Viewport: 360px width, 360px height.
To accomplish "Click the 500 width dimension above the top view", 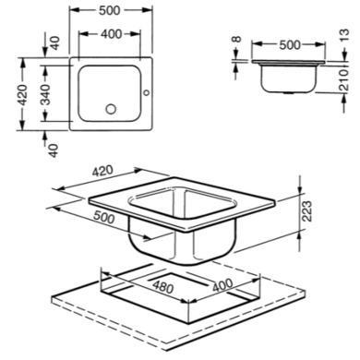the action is [110, 10].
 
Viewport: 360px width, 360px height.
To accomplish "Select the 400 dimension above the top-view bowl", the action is [111, 34].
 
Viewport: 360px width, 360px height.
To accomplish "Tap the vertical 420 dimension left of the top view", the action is [22, 95].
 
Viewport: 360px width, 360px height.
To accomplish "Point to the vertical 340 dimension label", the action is [45, 95].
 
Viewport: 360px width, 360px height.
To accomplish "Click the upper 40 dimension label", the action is [54, 43].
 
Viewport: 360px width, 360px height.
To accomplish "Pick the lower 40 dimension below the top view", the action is [54, 150].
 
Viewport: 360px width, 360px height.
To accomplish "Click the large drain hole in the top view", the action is [111, 109].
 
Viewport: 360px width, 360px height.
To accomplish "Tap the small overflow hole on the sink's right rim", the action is [147, 92].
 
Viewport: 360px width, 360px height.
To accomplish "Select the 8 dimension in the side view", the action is [236, 40].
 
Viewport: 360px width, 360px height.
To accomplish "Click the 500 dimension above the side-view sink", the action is [290, 45].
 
